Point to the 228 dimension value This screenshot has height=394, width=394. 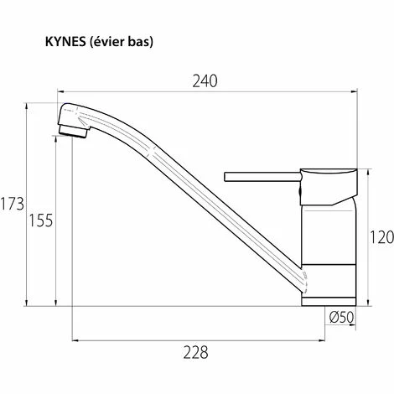click(196, 352)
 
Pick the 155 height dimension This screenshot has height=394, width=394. click(41, 220)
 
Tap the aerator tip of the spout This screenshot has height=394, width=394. click(73, 127)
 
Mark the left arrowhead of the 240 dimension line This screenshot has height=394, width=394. click(60, 91)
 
